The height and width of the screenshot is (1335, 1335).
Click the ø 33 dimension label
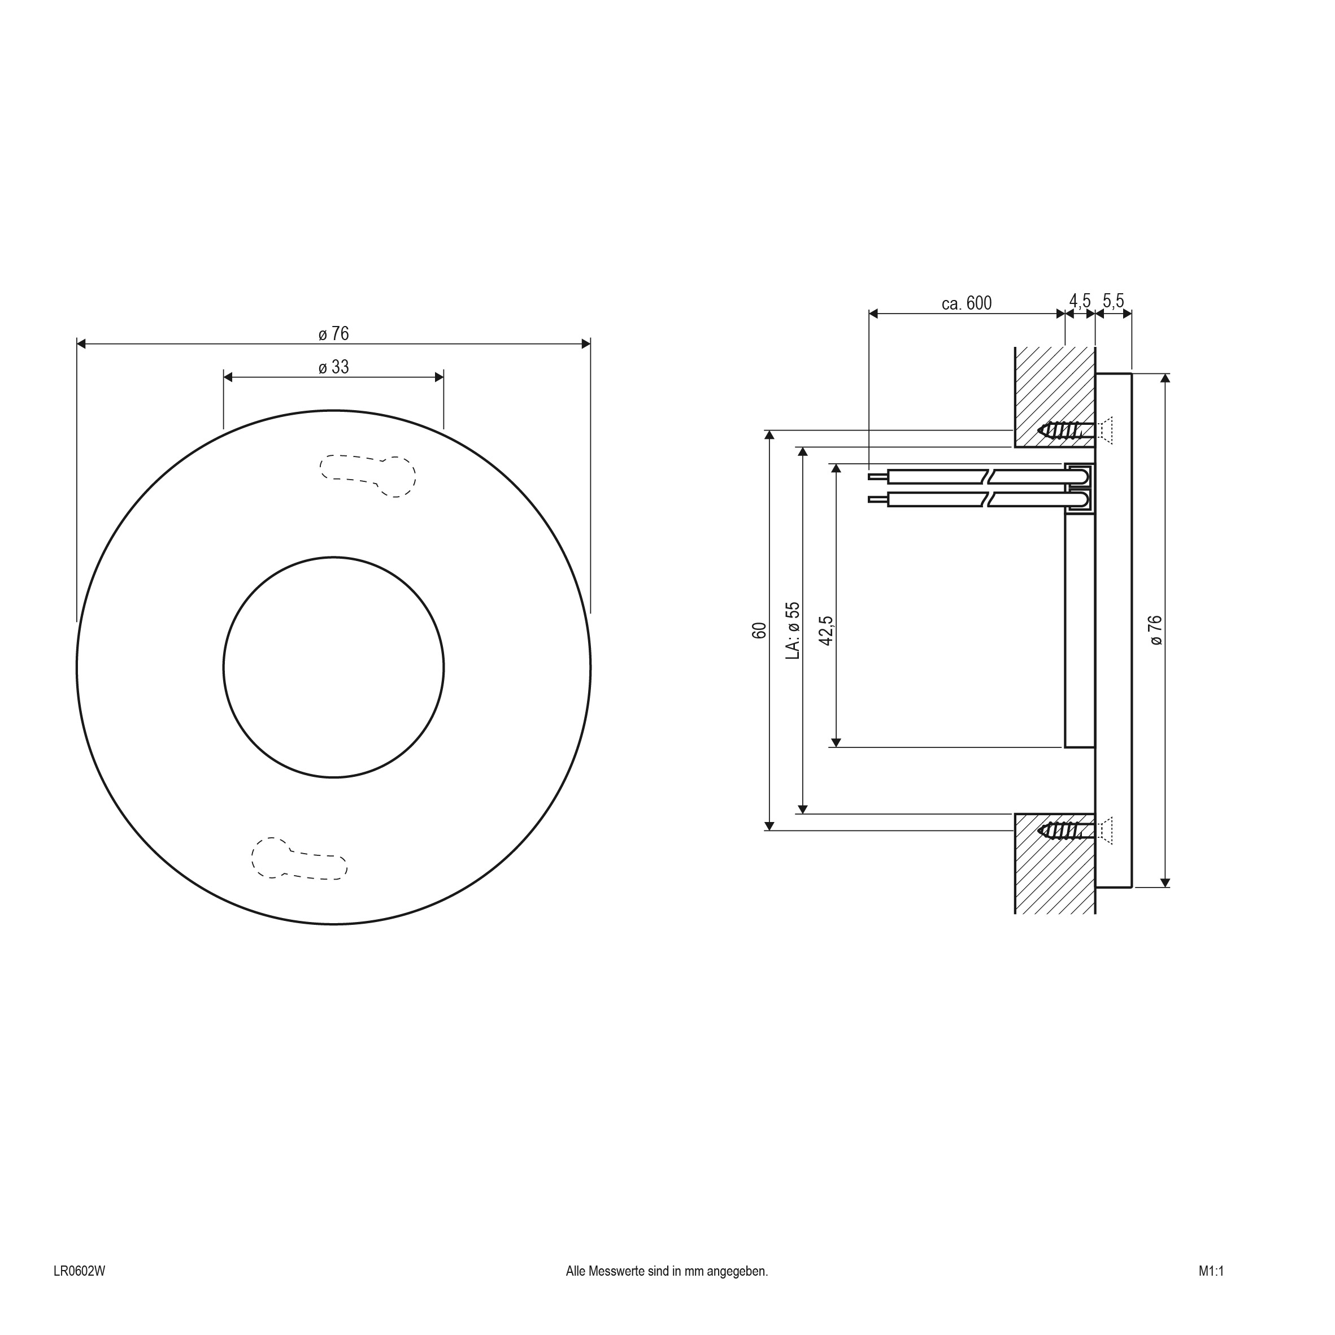point(334,367)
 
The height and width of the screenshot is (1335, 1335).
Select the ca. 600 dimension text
point(966,303)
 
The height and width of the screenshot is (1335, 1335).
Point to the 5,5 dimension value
point(1113,301)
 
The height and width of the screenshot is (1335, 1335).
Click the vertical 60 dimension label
point(759,630)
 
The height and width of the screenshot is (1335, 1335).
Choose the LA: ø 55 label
point(793,630)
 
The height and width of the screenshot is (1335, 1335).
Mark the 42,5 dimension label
point(826,630)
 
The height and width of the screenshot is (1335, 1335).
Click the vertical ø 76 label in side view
point(1156,630)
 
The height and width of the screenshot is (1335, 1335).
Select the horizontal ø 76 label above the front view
point(334,334)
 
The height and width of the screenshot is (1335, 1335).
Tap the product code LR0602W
point(80,1289)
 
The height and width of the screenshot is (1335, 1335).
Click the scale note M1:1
point(1211,1289)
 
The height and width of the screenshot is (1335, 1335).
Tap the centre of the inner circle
point(334,667)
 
